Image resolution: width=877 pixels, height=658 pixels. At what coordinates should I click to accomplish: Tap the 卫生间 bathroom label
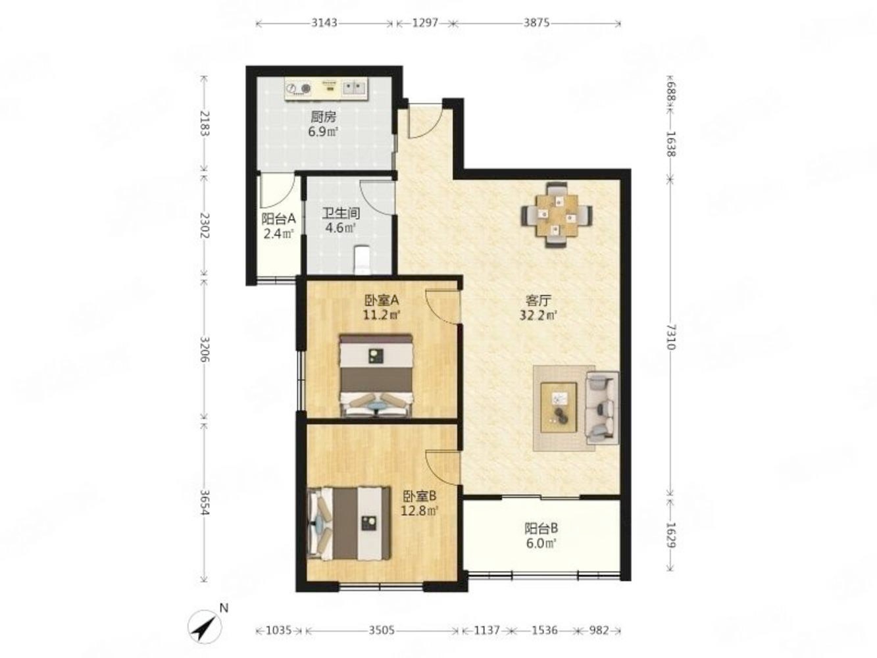tap(341, 213)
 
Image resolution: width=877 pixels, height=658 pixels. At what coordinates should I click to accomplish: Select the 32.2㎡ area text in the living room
tap(538, 316)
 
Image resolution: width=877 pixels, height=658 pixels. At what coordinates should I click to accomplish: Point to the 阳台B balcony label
tap(541, 528)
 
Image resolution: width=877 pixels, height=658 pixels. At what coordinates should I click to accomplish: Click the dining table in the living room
tap(557, 215)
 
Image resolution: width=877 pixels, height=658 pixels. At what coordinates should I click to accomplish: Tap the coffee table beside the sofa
tap(558, 407)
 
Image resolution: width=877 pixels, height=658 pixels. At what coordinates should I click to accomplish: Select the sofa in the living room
tap(602, 407)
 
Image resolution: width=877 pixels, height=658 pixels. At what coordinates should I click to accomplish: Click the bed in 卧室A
tap(376, 376)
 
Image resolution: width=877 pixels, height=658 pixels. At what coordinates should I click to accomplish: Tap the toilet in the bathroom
tap(362, 260)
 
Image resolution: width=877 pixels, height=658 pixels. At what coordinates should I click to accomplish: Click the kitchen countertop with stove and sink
tap(326, 89)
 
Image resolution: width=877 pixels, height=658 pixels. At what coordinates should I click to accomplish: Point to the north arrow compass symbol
tap(205, 626)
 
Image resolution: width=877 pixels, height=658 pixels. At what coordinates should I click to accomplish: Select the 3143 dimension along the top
tap(324, 23)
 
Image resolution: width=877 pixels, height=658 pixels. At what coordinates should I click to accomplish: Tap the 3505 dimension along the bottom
tap(382, 630)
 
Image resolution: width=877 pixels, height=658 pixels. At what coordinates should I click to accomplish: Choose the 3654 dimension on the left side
tap(204, 503)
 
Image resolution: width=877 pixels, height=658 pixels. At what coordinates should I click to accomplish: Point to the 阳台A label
tap(278, 219)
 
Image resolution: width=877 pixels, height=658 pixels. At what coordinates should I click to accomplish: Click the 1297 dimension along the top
tap(425, 23)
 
